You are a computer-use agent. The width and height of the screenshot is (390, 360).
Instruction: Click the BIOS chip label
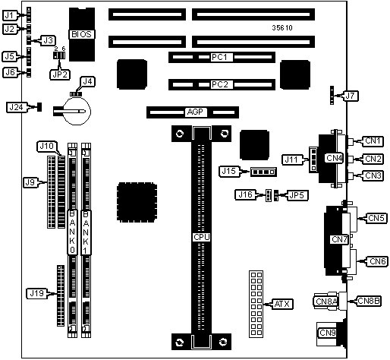coord(82,34)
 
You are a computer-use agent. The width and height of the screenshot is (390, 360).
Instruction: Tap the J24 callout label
coord(16,107)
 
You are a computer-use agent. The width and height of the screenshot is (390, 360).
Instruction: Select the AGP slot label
coord(195,112)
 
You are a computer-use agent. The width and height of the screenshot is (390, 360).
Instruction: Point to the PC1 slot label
coord(219,58)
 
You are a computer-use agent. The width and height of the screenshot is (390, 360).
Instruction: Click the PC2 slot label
coord(219,84)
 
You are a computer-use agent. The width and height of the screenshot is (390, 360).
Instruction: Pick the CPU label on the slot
coord(202,237)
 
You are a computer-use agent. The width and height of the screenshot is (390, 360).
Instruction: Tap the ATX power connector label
coord(282,304)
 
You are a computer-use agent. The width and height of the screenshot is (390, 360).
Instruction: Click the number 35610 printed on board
coord(282,27)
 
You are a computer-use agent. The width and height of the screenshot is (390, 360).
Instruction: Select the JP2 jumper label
coord(60,74)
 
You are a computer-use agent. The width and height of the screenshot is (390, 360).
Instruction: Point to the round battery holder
coord(77,111)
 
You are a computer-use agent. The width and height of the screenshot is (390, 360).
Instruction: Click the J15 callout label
coord(228,172)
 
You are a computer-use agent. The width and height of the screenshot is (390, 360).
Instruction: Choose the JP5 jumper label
coord(297,195)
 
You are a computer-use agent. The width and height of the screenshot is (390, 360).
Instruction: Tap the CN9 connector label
coord(327,333)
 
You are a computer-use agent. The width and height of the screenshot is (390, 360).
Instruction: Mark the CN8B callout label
coord(369,301)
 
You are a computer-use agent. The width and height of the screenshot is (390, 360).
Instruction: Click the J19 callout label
coord(37,293)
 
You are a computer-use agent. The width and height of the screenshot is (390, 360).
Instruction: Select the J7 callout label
coord(350,96)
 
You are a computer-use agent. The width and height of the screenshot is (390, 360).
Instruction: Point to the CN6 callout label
coord(378,261)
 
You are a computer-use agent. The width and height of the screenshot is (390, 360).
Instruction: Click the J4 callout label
coord(87,81)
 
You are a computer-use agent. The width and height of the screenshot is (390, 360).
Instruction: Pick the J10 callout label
coord(47,146)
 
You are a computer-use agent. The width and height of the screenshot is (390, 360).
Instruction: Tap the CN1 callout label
coord(373,141)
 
